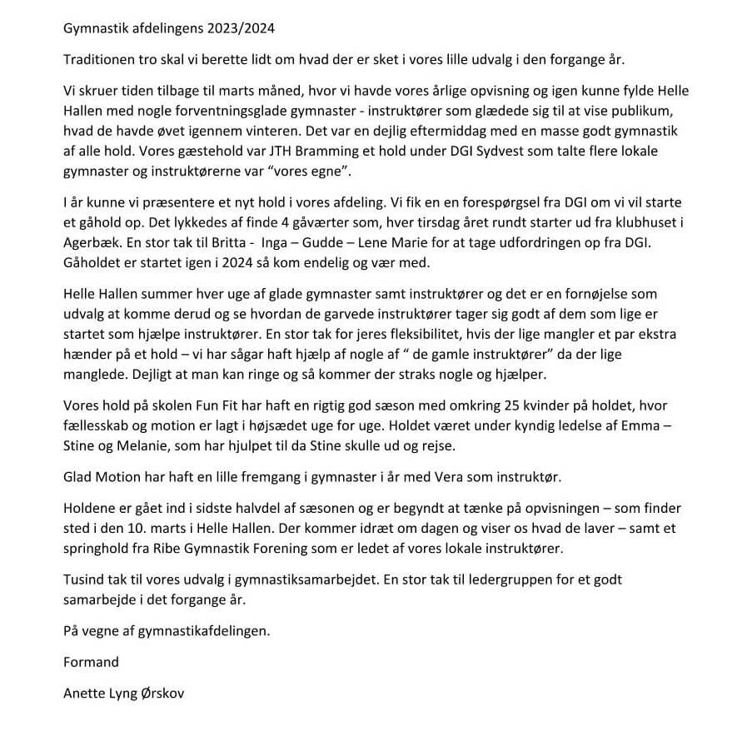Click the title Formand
tap(90, 662)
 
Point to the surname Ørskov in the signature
tap(161, 694)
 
